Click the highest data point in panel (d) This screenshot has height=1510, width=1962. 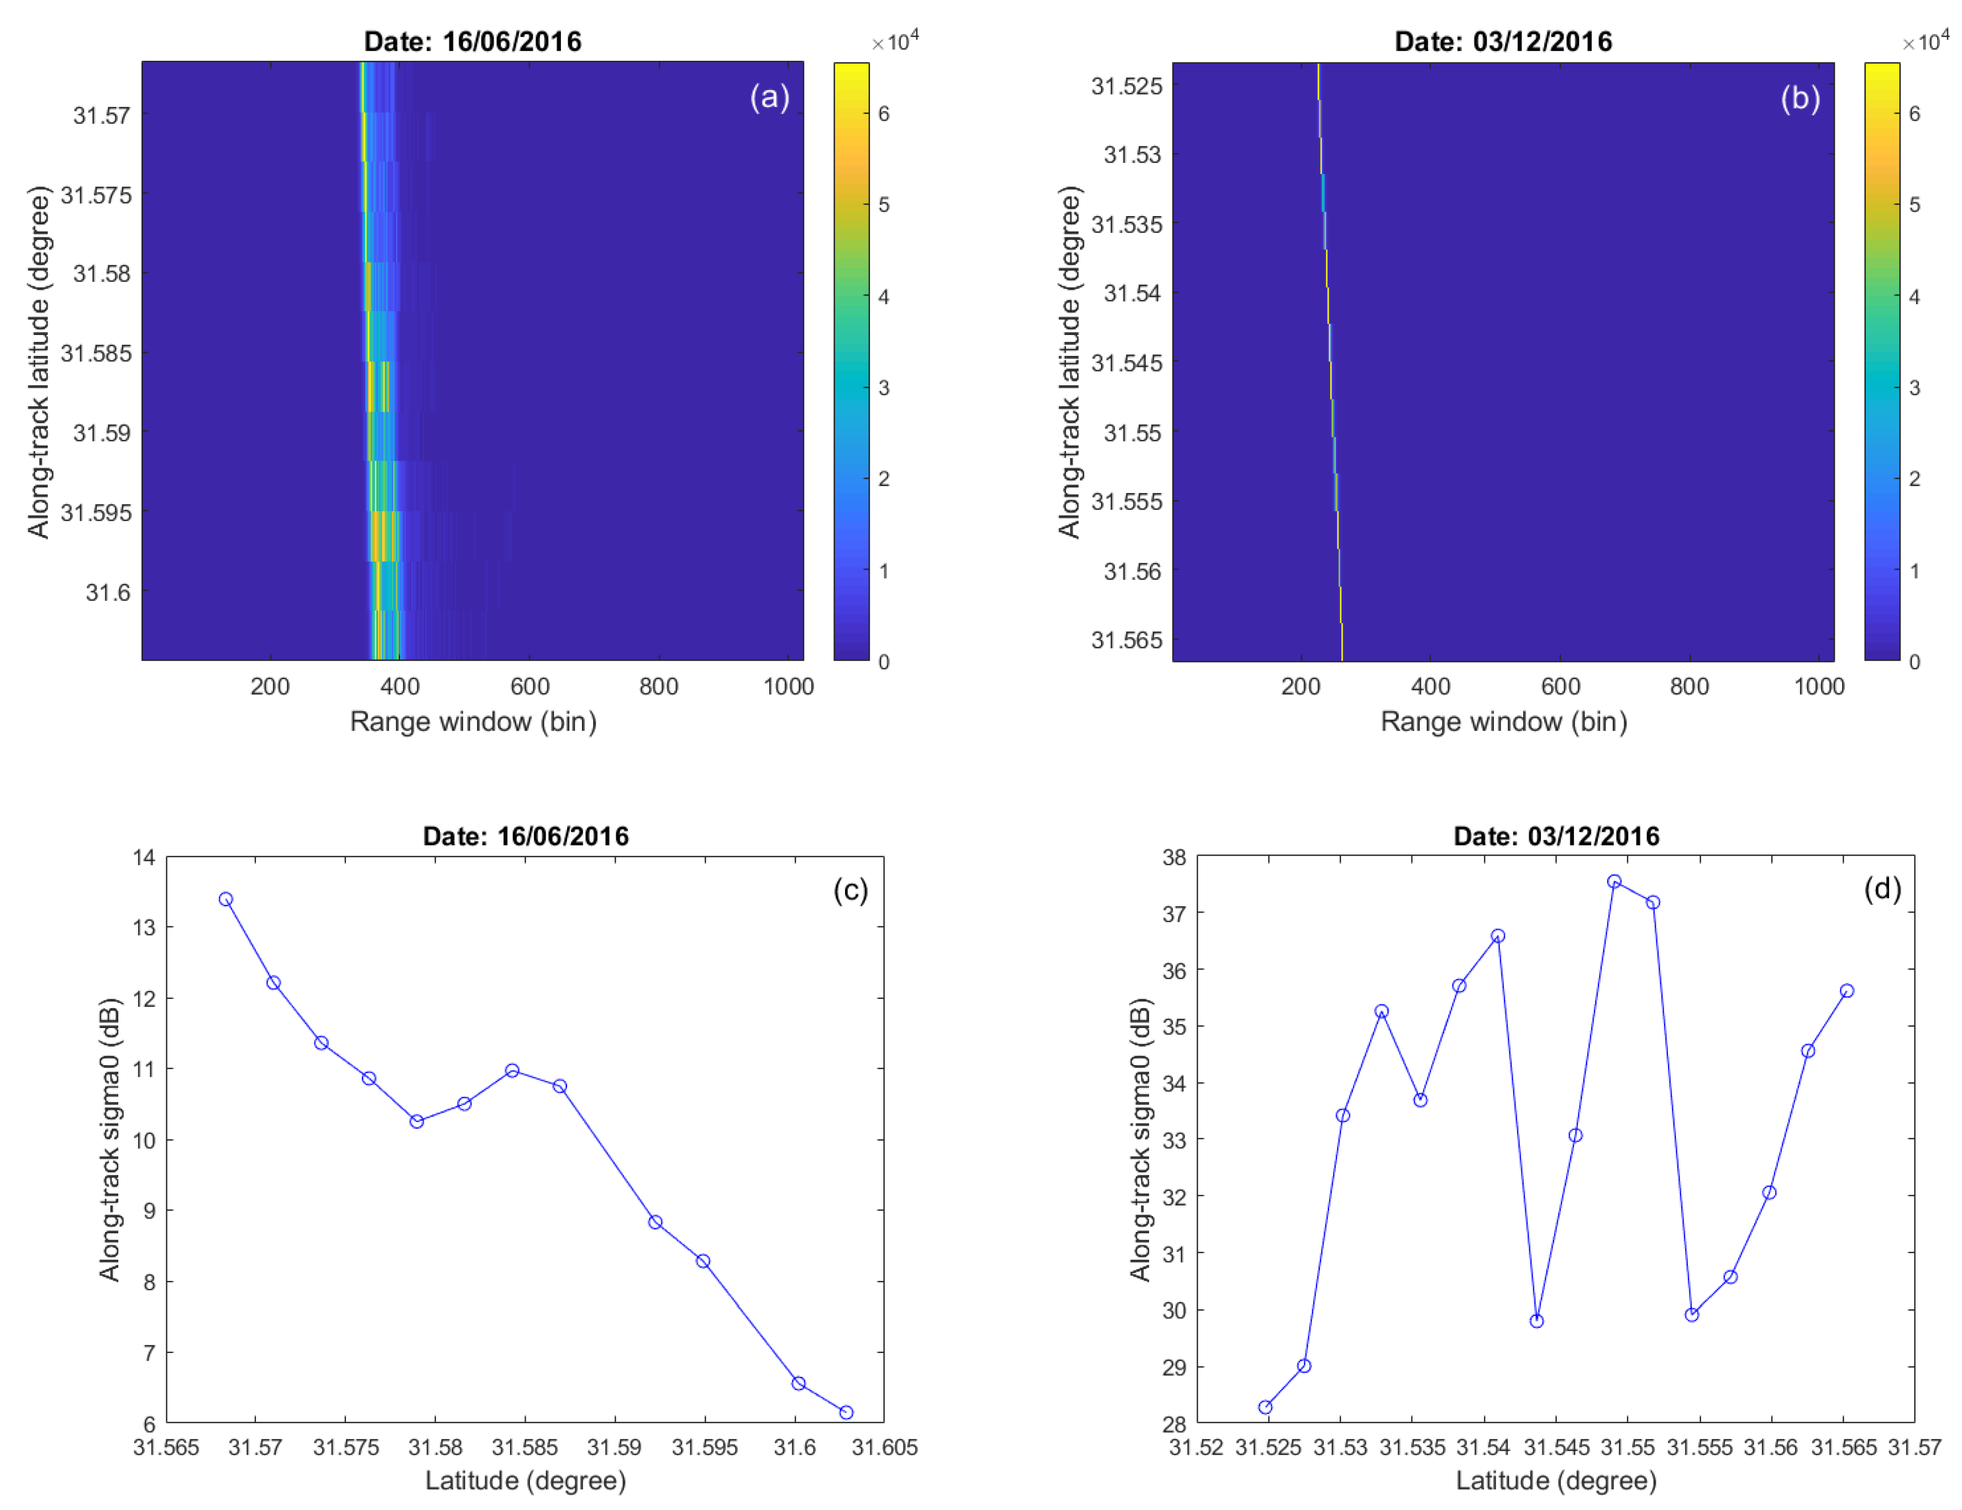click(x=1614, y=881)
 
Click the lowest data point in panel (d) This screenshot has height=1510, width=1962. click(x=1265, y=1407)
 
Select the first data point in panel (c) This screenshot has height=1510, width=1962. click(x=225, y=899)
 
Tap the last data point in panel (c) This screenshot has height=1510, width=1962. click(x=846, y=1412)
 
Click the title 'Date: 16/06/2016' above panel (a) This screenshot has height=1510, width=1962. click(x=473, y=41)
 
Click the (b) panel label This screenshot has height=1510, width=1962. click(x=1800, y=97)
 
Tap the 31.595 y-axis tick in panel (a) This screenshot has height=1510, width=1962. click(x=95, y=513)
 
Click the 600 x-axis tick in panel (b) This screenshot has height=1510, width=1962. click(x=1560, y=686)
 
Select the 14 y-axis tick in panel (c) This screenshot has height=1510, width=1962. click(x=144, y=857)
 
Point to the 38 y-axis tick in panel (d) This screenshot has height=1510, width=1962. click(x=1174, y=857)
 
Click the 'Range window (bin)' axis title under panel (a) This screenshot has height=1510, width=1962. click(x=473, y=721)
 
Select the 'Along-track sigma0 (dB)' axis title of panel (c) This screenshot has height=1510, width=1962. click(x=109, y=1139)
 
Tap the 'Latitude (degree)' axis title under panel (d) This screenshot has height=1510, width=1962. click(x=1556, y=1480)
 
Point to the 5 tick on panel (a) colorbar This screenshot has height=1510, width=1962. click(x=884, y=205)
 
